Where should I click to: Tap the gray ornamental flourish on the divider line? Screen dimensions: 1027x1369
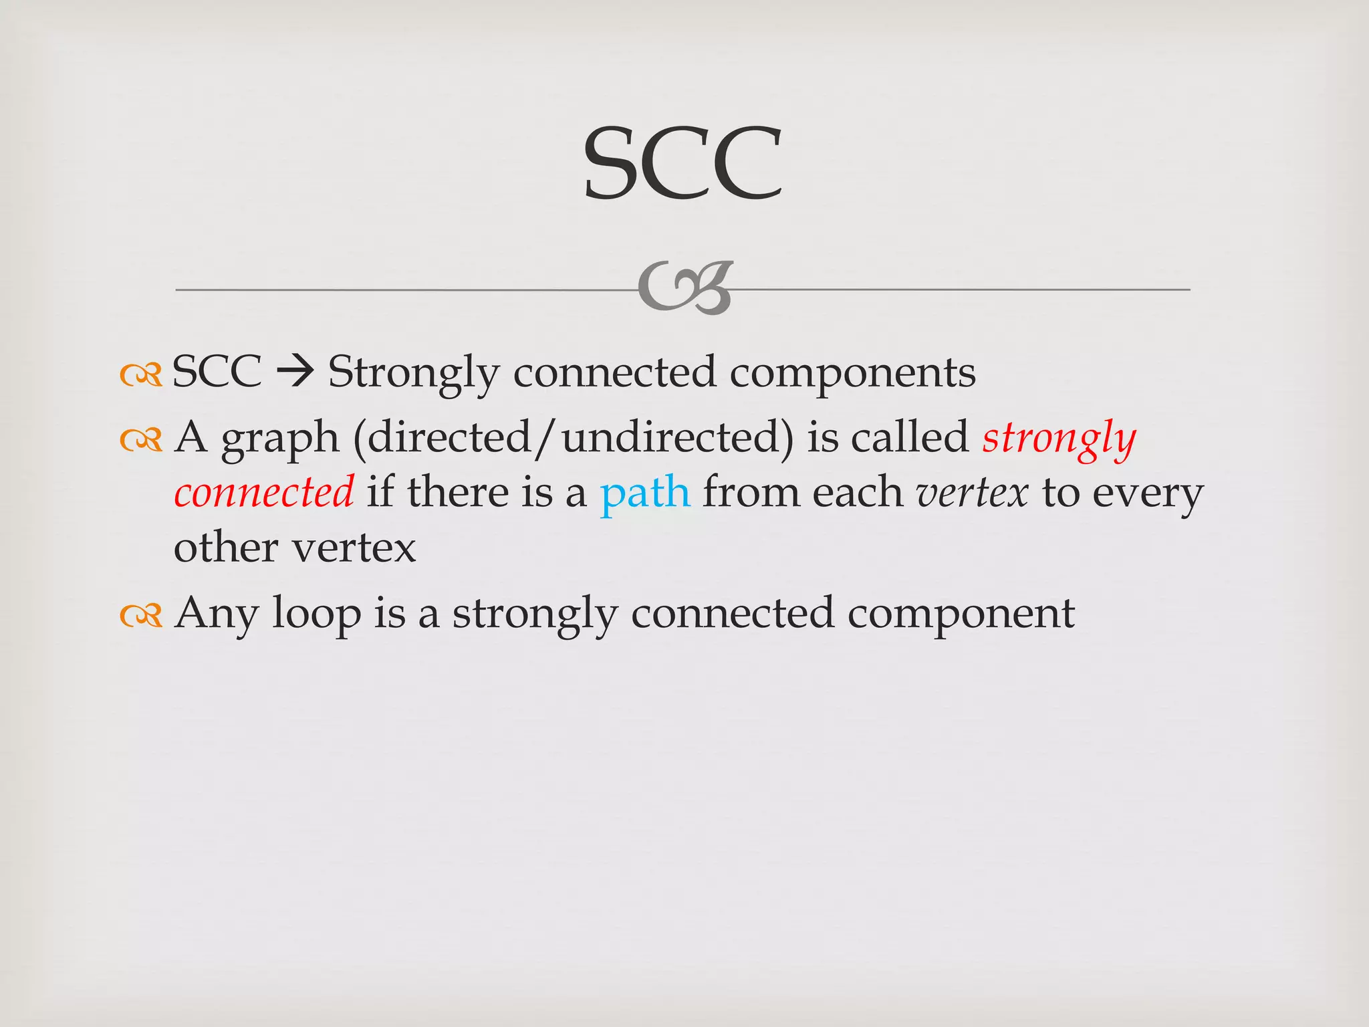(x=685, y=288)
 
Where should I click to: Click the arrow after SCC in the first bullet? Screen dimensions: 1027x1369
(x=295, y=372)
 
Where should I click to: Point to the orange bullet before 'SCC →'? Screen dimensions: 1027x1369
(x=141, y=375)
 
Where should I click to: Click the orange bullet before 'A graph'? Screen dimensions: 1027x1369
(x=141, y=440)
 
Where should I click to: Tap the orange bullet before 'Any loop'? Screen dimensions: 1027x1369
(x=141, y=615)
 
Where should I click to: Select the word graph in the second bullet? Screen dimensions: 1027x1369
(x=280, y=440)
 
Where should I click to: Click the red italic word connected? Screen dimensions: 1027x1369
(x=264, y=493)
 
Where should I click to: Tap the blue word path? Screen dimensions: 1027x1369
(x=645, y=493)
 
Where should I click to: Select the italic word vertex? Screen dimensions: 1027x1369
(x=972, y=493)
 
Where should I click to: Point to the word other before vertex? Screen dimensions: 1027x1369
(x=226, y=548)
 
